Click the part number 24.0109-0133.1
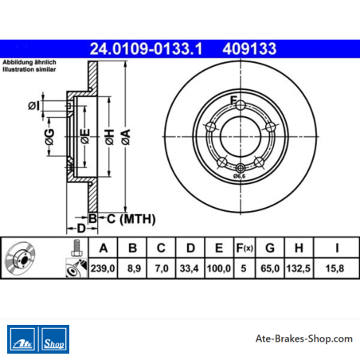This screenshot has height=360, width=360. pos(146,49)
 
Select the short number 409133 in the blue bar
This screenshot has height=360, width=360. pos(249,49)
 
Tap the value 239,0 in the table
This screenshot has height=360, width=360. pos(103,268)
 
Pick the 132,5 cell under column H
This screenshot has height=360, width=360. pos(299,268)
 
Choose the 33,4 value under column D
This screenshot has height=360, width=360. pos(189,268)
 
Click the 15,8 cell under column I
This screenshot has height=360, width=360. pos(335,268)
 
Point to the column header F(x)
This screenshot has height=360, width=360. pos(245,248)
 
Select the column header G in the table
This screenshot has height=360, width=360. pos(270,248)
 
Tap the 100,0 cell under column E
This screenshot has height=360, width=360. pos(218,268)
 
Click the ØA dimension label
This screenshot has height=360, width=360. pos(126,137)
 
